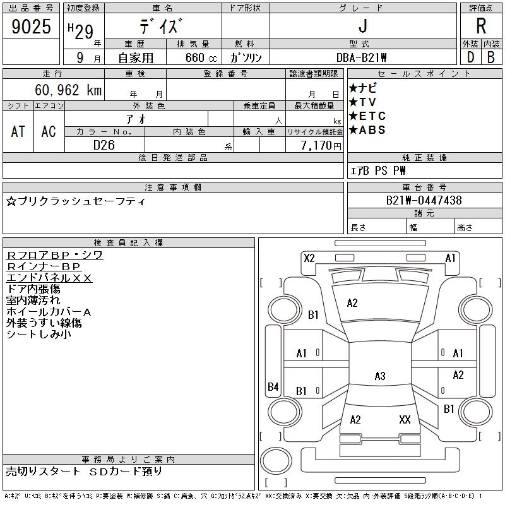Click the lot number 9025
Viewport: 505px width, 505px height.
32,28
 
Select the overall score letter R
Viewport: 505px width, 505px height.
481,27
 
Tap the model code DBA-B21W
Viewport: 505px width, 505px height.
362,57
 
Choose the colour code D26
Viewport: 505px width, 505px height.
104,145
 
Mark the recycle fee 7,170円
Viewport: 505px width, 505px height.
323,146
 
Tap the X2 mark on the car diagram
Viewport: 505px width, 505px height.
309,258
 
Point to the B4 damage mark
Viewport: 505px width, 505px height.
273,387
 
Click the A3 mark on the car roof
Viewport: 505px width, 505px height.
379,376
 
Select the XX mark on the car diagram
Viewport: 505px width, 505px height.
405,419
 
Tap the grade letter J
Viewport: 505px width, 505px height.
362,27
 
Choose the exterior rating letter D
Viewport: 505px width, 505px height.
470,57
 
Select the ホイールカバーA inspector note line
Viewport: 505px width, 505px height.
49,312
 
